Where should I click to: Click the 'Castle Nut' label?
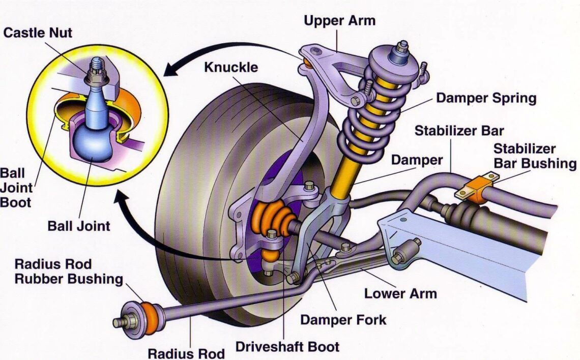(x=38, y=33)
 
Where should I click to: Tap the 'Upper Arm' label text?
(x=339, y=21)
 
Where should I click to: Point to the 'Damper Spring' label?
(x=486, y=98)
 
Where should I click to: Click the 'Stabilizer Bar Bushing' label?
(x=534, y=157)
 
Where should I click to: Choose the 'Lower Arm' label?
(x=400, y=293)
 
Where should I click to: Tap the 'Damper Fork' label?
(x=343, y=320)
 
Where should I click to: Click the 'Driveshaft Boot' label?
(x=287, y=347)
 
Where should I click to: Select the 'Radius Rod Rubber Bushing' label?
(x=69, y=272)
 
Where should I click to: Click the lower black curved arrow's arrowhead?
(x=122, y=201)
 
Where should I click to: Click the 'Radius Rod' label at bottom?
(x=186, y=352)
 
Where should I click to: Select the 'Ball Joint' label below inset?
(x=79, y=226)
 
